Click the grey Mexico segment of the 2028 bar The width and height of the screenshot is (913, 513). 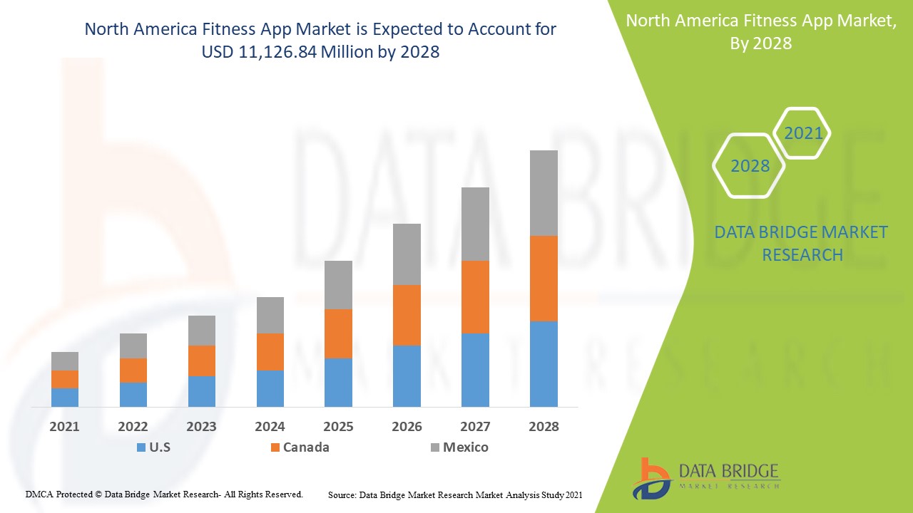tap(544, 193)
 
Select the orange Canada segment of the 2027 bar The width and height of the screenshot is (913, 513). tap(475, 297)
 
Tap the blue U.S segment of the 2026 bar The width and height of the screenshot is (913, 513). tap(407, 376)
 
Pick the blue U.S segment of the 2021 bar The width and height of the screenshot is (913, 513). tap(65, 398)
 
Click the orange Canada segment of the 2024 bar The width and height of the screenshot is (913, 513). tap(270, 352)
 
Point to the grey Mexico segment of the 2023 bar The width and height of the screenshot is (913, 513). tap(201, 331)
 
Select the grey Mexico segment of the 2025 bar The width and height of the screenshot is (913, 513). tap(338, 285)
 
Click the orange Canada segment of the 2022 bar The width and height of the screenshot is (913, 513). tap(133, 370)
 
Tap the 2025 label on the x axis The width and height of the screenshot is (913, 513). tap(338, 427)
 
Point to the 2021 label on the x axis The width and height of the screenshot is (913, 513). tap(65, 427)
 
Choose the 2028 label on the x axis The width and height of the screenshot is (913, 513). tap(544, 427)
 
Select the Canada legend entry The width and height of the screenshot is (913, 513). tap(306, 447)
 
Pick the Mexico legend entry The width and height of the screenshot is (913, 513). tap(465, 447)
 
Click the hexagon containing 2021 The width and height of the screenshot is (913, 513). tap(802, 133)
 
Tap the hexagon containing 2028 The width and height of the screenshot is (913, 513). tap(750, 166)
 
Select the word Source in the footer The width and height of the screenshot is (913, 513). tap(342, 494)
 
